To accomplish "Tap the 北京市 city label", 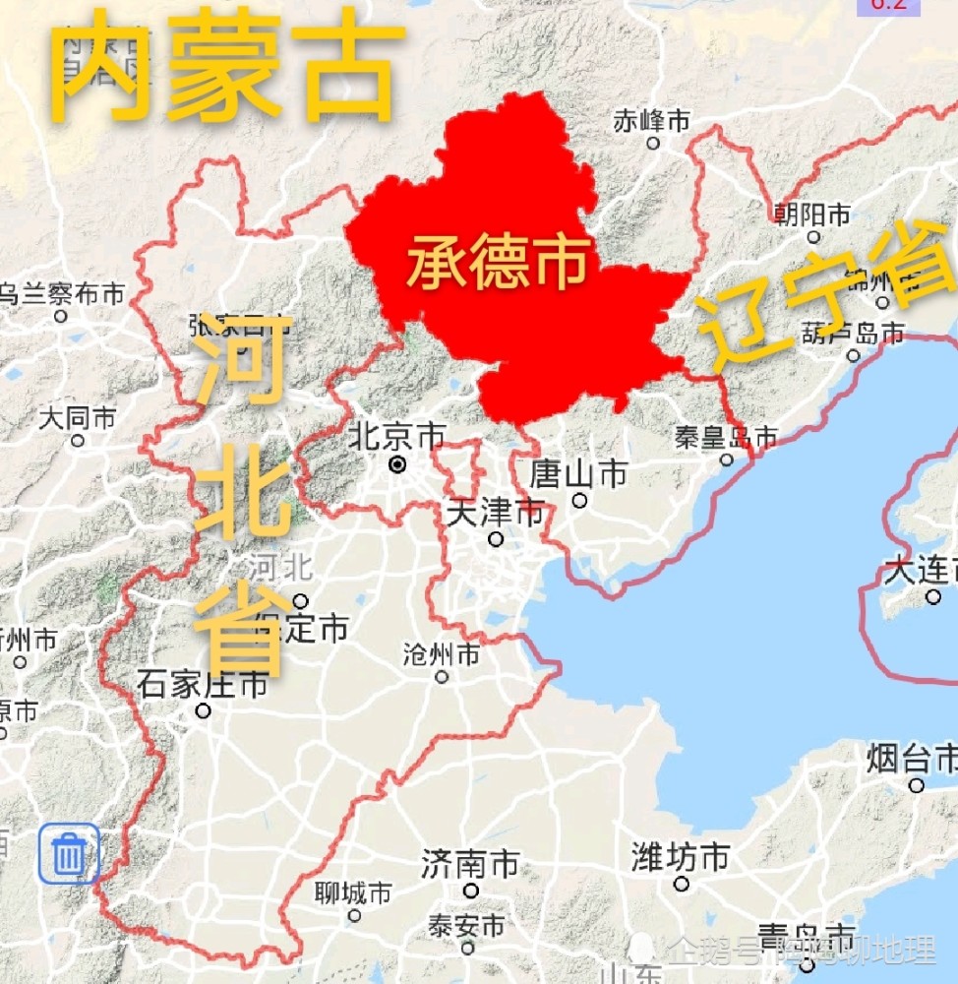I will click(x=397, y=436).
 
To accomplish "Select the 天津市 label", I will click(x=495, y=512).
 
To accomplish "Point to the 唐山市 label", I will click(x=578, y=474).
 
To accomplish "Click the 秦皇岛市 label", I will click(x=726, y=436).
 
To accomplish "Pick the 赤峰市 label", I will click(x=651, y=121).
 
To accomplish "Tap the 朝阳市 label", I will click(x=812, y=214).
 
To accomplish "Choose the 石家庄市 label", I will click(x=203, y=684).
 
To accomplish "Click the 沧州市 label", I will click(x=442, y=653).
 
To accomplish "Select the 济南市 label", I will click(x=470, y=865).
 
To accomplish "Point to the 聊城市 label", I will click(x=353, y=893).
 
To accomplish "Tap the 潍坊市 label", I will click(x=681, y=857).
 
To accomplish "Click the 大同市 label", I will click(x=78, y=418).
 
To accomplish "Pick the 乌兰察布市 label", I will click(x=61, y=293).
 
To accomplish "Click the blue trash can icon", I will click(x=69, y=853).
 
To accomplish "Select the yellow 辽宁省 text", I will click(x=826, y=295).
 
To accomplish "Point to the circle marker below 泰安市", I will click(x=467, y=949).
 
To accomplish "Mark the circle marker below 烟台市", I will click(x=916, y=785).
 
